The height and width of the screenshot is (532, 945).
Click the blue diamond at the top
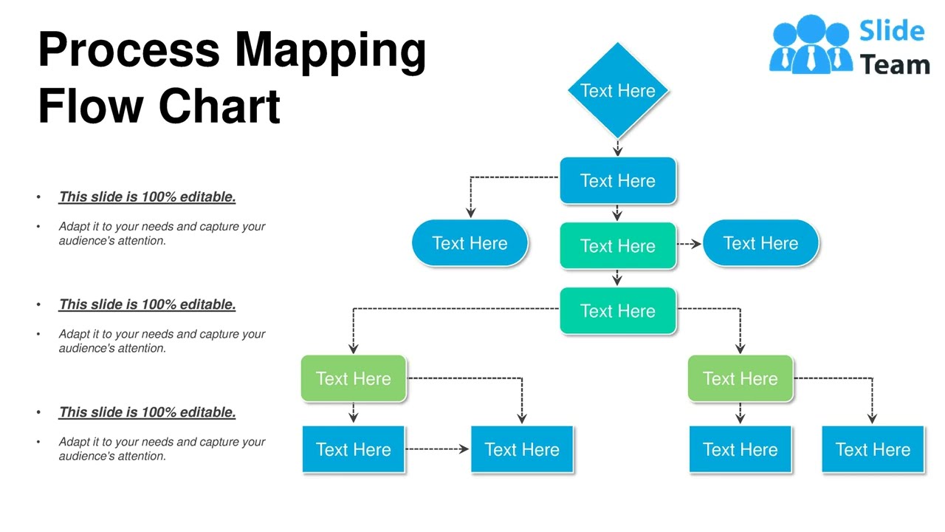pyautogui.click(x=617, y=90)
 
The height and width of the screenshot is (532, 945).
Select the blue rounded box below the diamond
pyautogui.click(x=617, y=180)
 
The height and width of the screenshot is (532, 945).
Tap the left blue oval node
pyautogui.click(x=470, y=243)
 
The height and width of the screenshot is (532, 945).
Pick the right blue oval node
pyautogui.click(x=760, y=243)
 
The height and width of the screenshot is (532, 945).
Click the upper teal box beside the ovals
pyautogui.click(x=617, y=245)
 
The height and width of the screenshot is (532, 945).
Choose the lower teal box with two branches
pyautogui.click(x=617, y=310)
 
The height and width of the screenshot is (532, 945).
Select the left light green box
pyautogui.click(x=353, y=378)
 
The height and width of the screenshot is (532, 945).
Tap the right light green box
pyautogui.click(x=740, y=378)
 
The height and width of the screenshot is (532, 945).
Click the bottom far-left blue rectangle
pyautogui.click(x=353, y=449)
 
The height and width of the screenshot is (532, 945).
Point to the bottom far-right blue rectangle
pyautogui.click(x=873, y=449)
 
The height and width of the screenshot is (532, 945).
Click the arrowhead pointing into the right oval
pyautogui.click(x=696, y=244)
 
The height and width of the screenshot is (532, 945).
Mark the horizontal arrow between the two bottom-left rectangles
pyautogui.click(x=437, y=449)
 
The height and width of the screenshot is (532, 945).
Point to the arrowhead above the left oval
pyautogui.click(x=470, y=213)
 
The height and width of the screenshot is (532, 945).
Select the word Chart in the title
pyautogui.click(x=219, y=106)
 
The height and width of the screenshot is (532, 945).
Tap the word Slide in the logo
pyautogui.click(x=892, y=31)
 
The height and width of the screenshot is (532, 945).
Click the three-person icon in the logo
pyautogui.click(x=810, y=47)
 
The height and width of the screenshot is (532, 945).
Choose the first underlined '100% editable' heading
pyautogui.click(x=147, y=197)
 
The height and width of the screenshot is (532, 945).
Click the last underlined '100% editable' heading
pyautogui.click(x=147, y=412)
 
